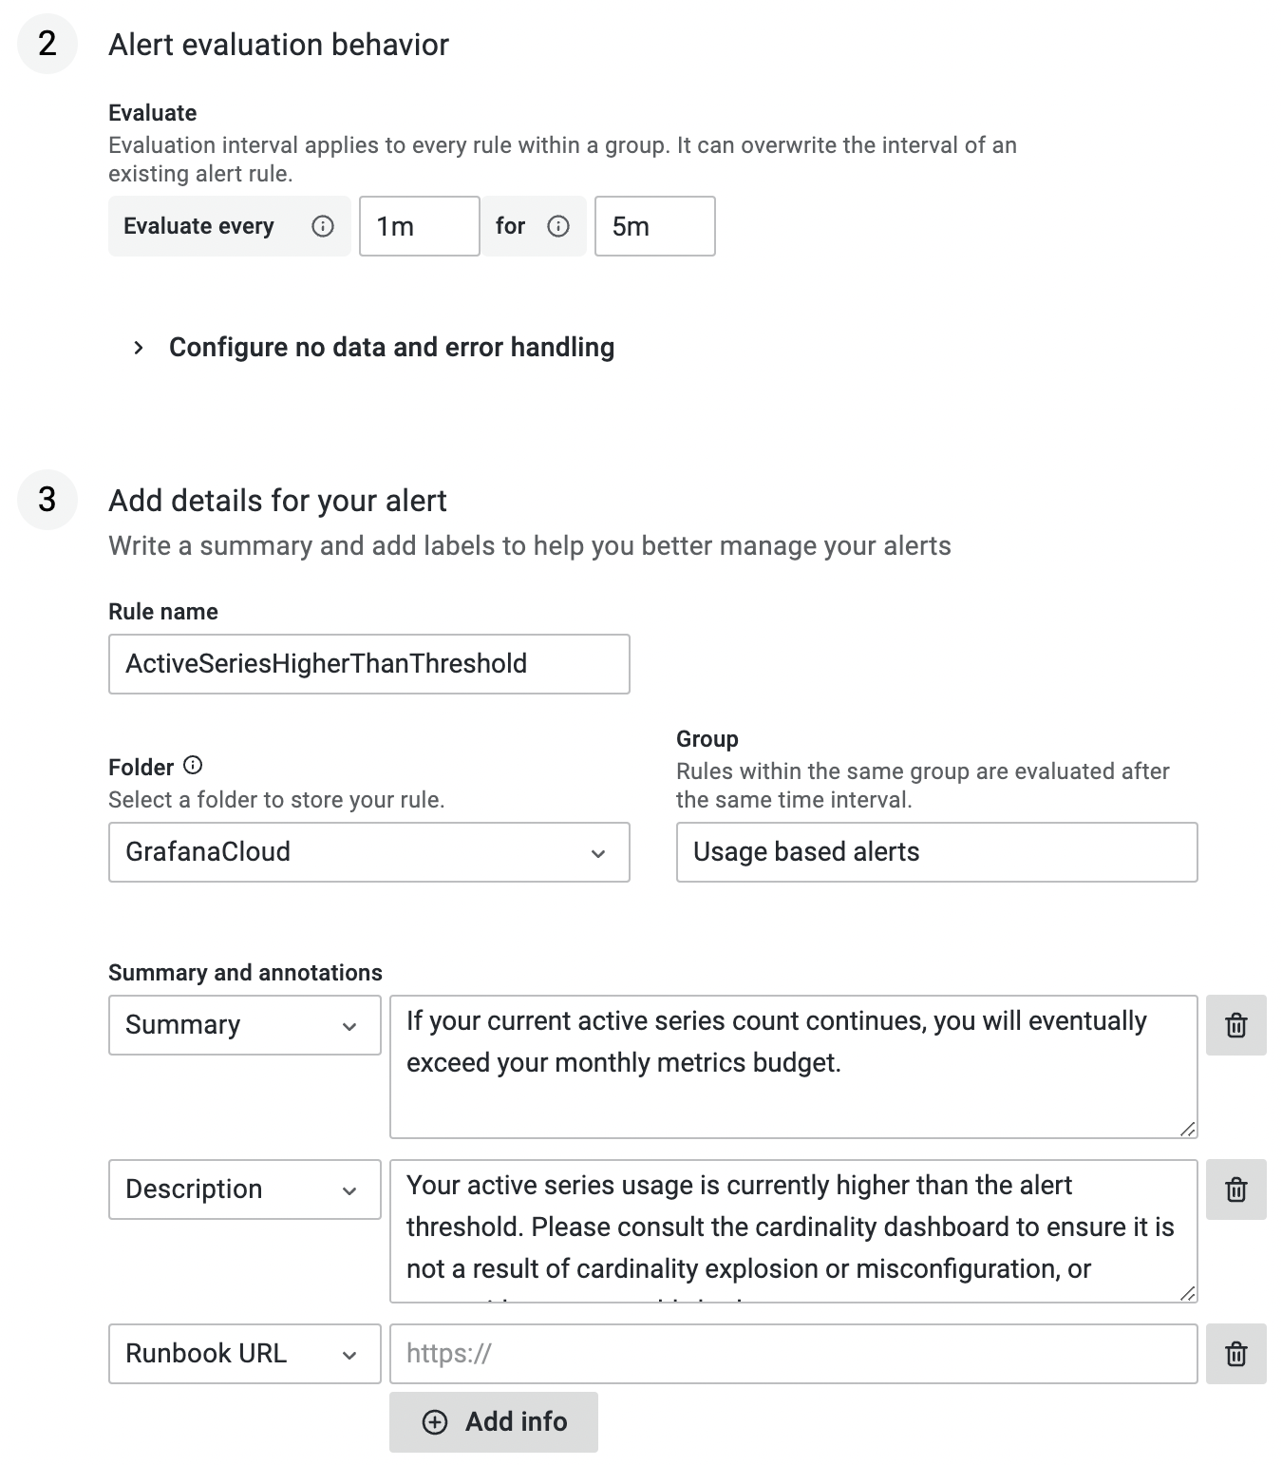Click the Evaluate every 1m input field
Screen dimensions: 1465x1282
click(x=419, y=226)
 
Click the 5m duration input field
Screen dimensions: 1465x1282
click(x=654, y=226)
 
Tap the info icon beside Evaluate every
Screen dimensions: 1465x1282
click(x=323, y=226)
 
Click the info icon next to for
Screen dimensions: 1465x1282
click(x=558, y=226)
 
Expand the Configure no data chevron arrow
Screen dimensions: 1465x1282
click(x=139, y=348)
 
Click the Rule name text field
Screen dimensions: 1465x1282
click(x=368, y=664)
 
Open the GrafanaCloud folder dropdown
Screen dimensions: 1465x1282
click(x=368, y=852)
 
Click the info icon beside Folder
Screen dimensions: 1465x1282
click(x=193, y=766)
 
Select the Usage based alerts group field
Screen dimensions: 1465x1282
click(x=936, y=852)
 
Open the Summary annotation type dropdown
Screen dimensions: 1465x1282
click(x=244, y=1025)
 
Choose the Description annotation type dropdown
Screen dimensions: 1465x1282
click(x=244, y=1189)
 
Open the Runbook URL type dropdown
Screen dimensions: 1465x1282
click(x=244, y=1354)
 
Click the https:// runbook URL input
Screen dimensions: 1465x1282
click(x=793, y=1354)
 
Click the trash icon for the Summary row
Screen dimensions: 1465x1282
click(x=1235, y=1025)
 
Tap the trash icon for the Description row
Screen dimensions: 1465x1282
click(x=1235, y=1189)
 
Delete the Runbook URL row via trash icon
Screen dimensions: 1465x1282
click(x=1235, y=1354)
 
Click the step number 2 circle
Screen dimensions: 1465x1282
click(x=47, y=44)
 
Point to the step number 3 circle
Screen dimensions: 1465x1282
click(x=47, y=500)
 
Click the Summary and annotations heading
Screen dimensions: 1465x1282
click(x=245, y=973)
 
